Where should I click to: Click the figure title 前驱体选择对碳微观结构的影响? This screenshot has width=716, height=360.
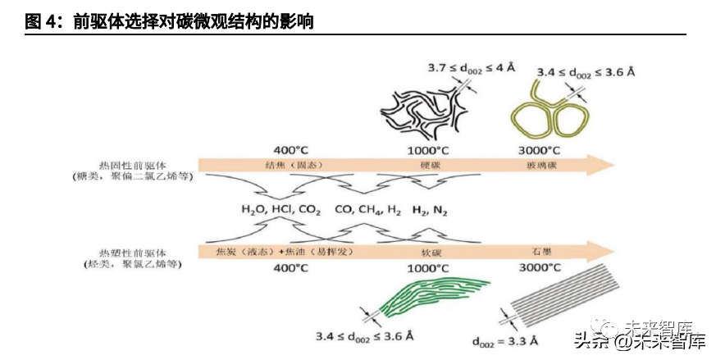click(193, 22)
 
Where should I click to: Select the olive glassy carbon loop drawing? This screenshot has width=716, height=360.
click(545, 116)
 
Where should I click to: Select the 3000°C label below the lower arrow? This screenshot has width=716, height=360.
click(540, 267)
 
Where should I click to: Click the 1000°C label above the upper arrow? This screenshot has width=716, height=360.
click(429, 151)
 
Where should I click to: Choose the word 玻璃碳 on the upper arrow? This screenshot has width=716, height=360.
click(542, 165)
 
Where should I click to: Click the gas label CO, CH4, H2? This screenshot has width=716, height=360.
click(367, 209)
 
